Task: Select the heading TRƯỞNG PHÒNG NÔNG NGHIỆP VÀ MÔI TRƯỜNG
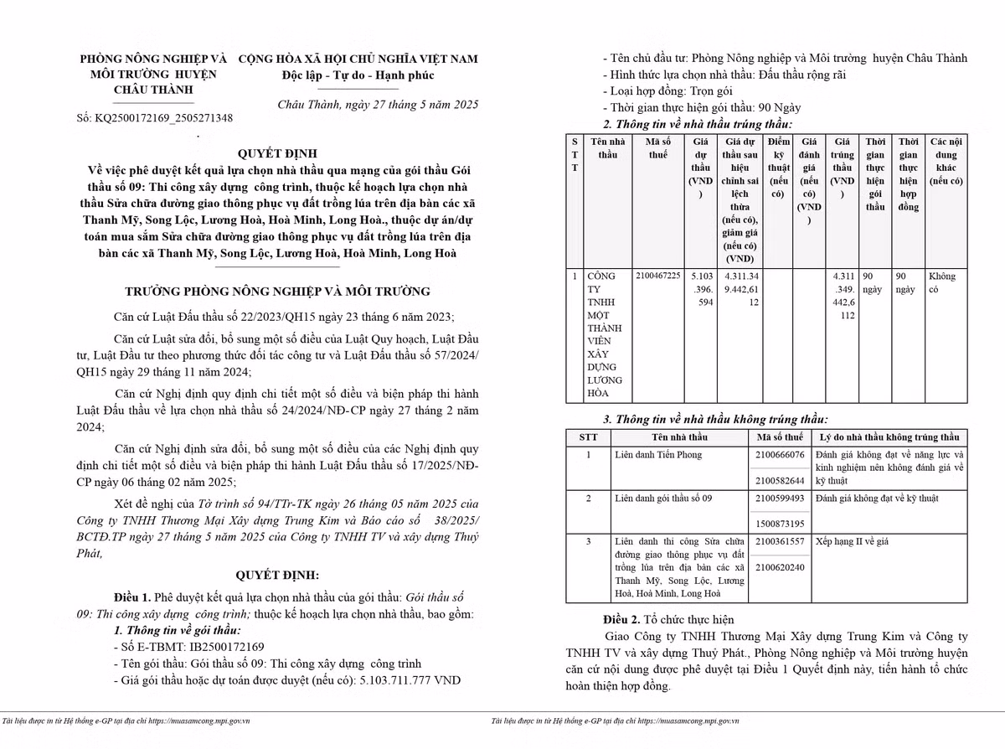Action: (277, 292)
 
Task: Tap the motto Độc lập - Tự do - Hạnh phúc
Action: (358, 75)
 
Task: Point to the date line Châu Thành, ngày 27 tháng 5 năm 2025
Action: (378, 105)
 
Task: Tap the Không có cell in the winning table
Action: (942, 282)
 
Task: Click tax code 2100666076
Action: (780, 455)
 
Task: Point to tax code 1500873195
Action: (780, 524)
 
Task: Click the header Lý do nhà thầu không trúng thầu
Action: (889, 437)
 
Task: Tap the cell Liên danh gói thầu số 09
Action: (663, 498)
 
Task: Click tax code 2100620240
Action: (780, 567)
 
